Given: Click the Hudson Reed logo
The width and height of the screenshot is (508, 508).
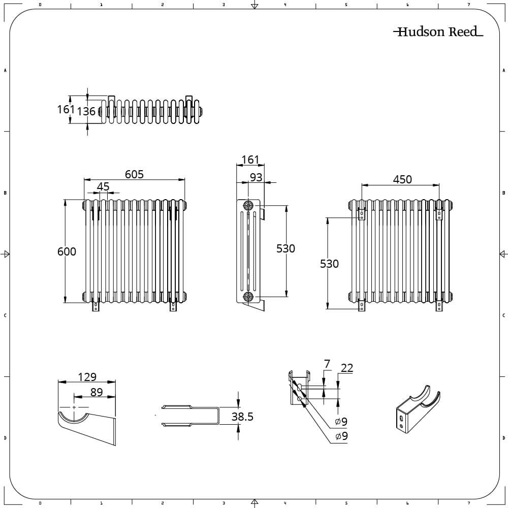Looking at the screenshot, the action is [438, 31].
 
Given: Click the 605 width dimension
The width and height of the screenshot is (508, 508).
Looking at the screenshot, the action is [134, 174].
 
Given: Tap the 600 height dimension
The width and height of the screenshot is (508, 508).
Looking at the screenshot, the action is [67, 251].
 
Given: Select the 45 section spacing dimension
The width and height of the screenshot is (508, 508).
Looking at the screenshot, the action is [103, 186].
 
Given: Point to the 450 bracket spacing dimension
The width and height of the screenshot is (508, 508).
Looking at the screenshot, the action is [402, 179].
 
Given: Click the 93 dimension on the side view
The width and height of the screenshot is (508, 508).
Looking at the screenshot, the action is [256, 177].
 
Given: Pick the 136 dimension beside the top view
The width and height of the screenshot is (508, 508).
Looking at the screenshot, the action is [86, 111].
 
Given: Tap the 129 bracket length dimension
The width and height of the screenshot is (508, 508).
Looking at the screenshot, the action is [87, 377].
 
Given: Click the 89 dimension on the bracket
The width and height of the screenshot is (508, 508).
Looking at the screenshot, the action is [97, 392].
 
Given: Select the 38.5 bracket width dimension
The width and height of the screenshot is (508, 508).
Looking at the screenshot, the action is [242, 417].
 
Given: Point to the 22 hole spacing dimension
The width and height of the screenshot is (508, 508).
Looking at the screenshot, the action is [347, 368].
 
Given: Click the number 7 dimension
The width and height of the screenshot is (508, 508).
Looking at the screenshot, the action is [327, 364].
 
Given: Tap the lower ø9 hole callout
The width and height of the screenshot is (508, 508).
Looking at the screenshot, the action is [341, 436].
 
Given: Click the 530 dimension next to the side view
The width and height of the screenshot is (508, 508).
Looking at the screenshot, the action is [285, 248].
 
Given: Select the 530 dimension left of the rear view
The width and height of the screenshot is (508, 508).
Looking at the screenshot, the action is [329, 264].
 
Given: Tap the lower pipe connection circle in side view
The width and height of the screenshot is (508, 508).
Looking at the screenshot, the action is [248, 297].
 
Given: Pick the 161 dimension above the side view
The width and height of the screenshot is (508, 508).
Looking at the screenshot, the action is [250, 160].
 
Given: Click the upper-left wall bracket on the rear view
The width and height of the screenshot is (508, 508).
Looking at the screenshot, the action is [362, 214].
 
